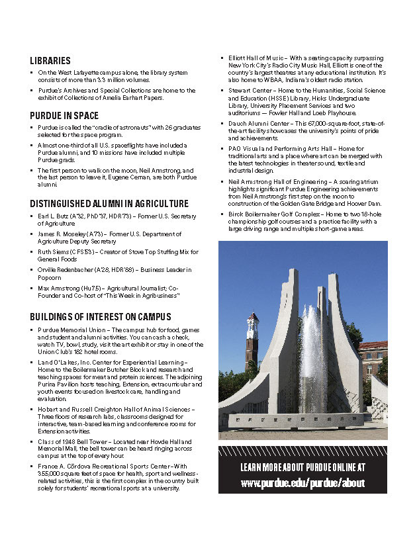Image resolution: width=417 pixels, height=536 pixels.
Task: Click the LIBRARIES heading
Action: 50,60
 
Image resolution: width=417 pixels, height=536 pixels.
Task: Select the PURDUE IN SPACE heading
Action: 64,115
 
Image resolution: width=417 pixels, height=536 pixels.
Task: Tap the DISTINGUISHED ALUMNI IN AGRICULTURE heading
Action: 109,204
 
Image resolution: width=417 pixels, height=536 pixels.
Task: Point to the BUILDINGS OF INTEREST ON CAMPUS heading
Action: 101,316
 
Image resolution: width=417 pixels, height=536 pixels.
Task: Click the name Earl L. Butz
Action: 53,216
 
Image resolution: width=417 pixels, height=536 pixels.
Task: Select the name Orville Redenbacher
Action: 67,270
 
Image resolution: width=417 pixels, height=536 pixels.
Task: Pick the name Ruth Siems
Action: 53,252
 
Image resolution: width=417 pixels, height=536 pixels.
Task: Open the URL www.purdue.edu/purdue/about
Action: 302,483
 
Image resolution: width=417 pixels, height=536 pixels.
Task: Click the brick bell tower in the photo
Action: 252,344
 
